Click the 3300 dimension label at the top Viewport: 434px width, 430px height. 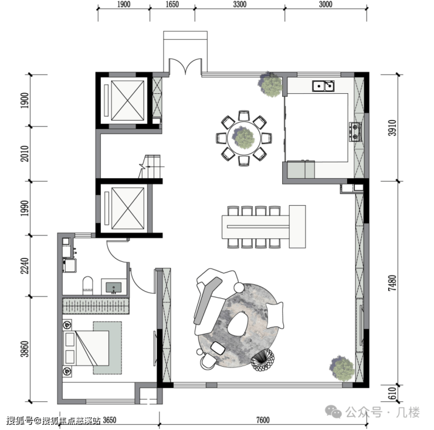pyautogui.click(x=240, y=5)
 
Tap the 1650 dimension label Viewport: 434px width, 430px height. pyautogui.click(x=172, y=5)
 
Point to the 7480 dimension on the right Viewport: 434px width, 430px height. pyautogui.click(x=392, y=283)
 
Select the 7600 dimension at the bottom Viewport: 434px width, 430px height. pyautogui.click(x=263, y=420)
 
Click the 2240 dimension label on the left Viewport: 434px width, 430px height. pyautogui.click(x=25, y=266)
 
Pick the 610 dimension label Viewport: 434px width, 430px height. pyautogui.click(x=392, y=393)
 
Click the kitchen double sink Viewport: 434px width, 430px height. pyautogui.click(x=323, y=86)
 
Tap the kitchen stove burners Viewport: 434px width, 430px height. pyautogui.click(x=355, y=132)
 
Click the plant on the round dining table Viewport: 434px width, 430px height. pyautogui.click(x=243, y=138)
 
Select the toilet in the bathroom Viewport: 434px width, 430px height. pyautogui.click(x=88, y=285)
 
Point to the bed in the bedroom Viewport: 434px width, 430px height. pyautogui.click(x=86, y=348)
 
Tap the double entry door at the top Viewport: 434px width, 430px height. pyautogui.click(x=185, y=66)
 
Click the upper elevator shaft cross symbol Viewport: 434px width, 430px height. pyautogui.click(x=128, y=100)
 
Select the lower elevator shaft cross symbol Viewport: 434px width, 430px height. pyautogui.click(x=128, y=208)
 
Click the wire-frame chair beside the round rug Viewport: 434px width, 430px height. pyautogui.click(x=263, y=360)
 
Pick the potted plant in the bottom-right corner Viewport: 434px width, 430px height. pyautogui.click(x=342, y=368)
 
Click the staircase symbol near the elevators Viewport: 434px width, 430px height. pyautogui.click(x=150, y=166)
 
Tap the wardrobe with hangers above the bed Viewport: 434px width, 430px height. pyautogui.click(x=96, y=306)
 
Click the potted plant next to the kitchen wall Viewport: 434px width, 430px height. pyautogui.click(x=270, y=84)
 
